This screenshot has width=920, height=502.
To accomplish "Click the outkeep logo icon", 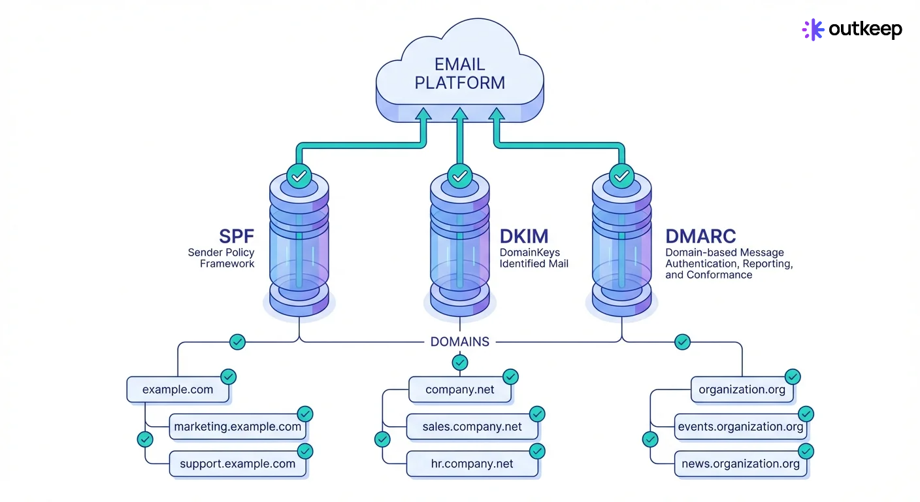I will point(813,29).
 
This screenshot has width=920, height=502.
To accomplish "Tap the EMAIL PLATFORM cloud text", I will point(460,74).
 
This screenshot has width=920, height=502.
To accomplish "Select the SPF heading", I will point(236,236).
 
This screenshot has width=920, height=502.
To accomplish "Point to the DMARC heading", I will point(700,236).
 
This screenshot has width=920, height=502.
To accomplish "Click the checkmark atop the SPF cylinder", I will point(299,176).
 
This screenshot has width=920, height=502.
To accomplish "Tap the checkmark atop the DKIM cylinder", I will point(460,176).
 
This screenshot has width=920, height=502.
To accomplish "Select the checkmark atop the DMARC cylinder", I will point(622,176).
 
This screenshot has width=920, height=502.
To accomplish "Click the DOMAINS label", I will point(460,342).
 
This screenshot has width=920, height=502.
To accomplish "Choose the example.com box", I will point(178,390).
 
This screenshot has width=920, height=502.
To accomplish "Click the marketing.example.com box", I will point(237,427).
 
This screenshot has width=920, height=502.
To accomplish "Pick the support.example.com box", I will point(237,464).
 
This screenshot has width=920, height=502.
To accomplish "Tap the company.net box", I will point(460,390).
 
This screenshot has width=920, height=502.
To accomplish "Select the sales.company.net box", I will point(472,427).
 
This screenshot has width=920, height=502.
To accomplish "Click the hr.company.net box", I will point(472,464).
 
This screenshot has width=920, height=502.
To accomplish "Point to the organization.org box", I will point(742,390).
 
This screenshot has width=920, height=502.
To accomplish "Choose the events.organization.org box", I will point(740,427).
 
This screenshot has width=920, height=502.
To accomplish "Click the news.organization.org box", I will point(740,464).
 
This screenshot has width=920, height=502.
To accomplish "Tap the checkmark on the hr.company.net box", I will point(537,451).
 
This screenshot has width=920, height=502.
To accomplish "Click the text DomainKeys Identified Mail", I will point(534,258).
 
